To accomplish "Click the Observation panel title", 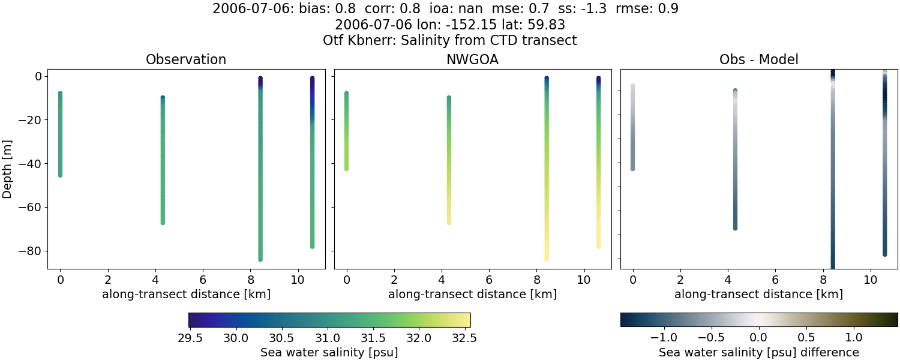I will (x=186, y=60).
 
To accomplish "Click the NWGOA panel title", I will (x=472, y=60).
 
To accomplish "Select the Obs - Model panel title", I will (x=759, y=60).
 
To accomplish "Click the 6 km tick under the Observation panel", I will (x=203, y=280).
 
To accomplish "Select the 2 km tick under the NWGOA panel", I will (x=394, y=280).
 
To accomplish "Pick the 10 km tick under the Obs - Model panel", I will (x=870, y=280).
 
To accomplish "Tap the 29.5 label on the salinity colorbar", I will (x=190, y=338).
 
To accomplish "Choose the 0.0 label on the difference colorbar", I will (x=759, y=338).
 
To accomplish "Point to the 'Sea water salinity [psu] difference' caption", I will (x=759, y=352).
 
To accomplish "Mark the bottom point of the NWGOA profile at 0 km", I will (x=346, y=169).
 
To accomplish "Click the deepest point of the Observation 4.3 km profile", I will (x=163, y=222).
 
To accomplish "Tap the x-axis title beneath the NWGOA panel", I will (x=472, y=295).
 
